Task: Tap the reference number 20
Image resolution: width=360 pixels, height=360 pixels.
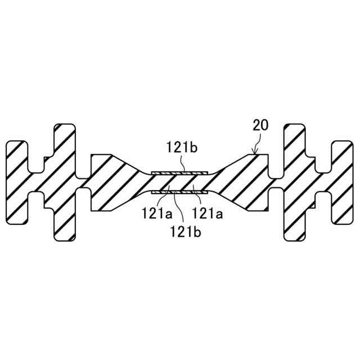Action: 260,125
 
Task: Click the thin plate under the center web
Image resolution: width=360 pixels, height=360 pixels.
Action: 180,193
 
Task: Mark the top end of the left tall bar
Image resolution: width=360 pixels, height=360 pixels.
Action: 65,126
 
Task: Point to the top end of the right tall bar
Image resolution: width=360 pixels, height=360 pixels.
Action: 295,126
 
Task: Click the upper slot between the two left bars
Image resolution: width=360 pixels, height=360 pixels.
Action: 38,163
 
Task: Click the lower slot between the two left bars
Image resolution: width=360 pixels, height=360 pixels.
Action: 38,200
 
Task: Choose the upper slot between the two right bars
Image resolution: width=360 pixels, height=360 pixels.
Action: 322,163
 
